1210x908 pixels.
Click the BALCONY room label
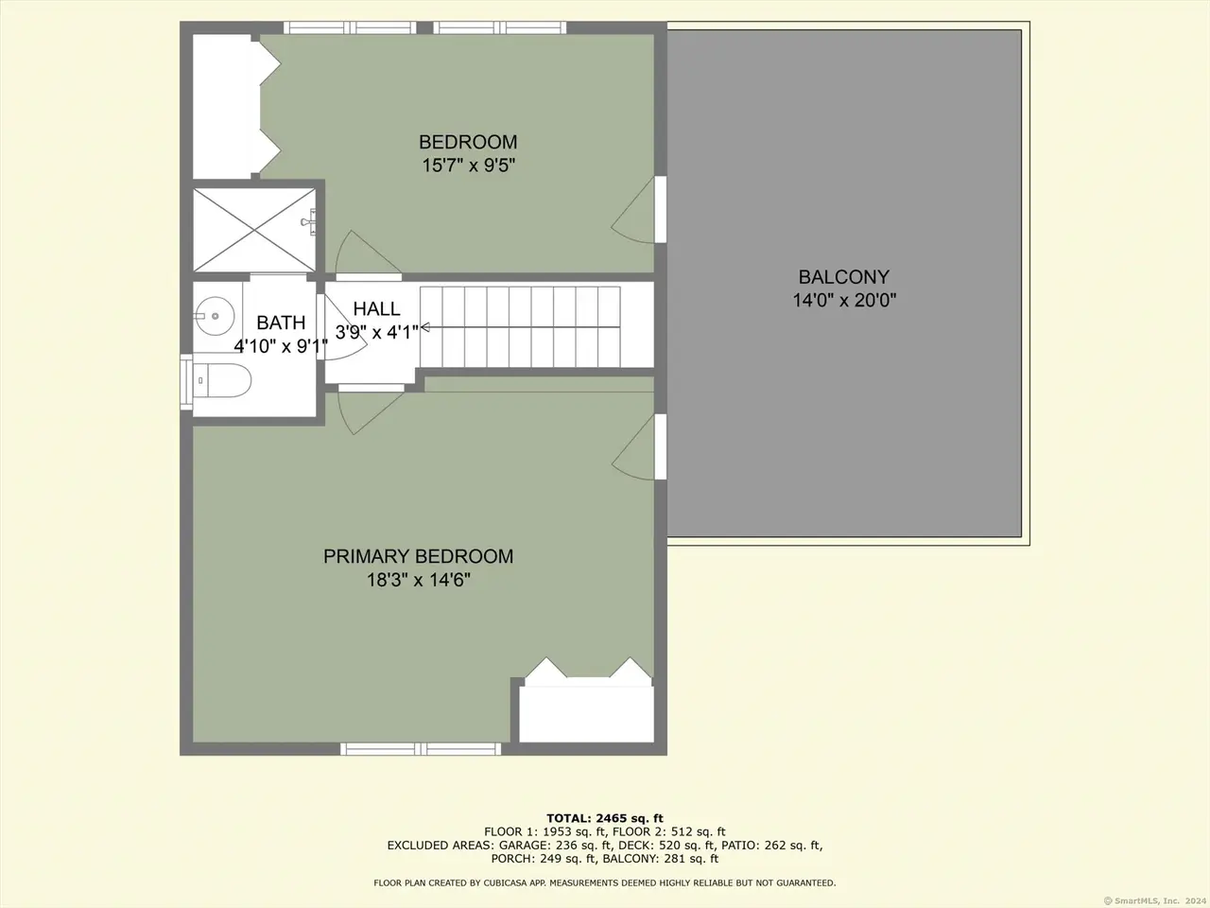pyautogui.click(x=844, y=276)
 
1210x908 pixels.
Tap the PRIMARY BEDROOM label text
pyautogui.click(x=418, y=556)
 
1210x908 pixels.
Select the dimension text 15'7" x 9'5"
pyautogui.click(x=468, y=165)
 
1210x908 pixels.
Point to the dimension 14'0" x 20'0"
pyautogui.click(x=844, y=301)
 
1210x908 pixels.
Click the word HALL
pyautogui.click(x=376, y=308)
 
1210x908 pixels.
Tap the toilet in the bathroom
pyautogui.click(x=220, y=380)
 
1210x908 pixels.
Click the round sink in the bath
pyautogui.click(x=215, y=316)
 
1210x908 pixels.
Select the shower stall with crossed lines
pyautogui.click(x=254, y=230)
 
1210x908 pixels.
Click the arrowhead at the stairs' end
pyautogui.click(x=425, y=327)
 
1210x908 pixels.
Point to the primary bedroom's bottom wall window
pyautogui.click(x=421, y=749)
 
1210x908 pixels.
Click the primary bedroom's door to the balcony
pyautogui.click(x=638, y=447)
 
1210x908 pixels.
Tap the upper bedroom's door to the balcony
pyautogui.click(x=638, y=209)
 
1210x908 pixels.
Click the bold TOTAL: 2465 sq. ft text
pyautogui.click(x=605, y=818)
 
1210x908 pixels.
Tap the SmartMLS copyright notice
pyautogui.click(x=1155, y=900)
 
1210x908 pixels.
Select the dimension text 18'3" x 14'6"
pyautogui.click(x=419, y=580)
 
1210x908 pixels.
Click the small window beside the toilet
pyautogui.click(x=186, y=381)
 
